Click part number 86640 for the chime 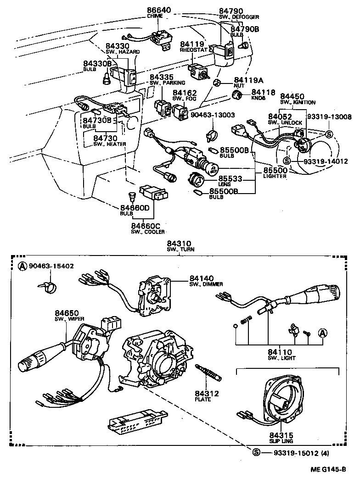pyautogui.click(x=158, y=10)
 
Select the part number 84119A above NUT pyautogui.click(x=247, y=78)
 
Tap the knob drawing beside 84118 pyautogui.click(x=237, y=95)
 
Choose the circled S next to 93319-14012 pyautogui.click(x=287, y=161)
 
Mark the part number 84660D pyautogui.click(x=135, y=208)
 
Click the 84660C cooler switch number pyautogui.click(x=145, y=226)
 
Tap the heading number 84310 pyautogui.click(x=180, y=243)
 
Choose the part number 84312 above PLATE pyautogui.click(x=207, y=393)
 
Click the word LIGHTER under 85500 pyautogui.click(x=275, y=176)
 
